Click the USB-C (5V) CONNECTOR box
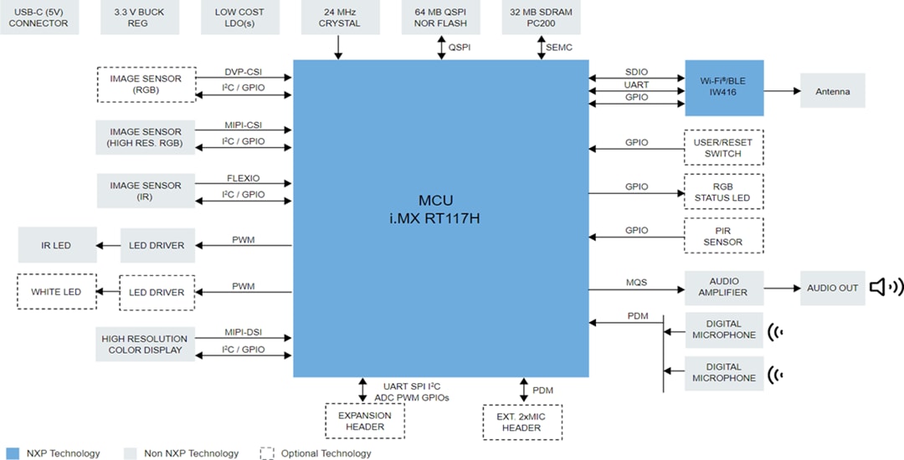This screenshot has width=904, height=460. (39, 18)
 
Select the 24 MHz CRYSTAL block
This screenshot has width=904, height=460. (339, 18)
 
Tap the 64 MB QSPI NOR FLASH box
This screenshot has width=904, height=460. (440, 18)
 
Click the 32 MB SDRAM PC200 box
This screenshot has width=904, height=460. (541, 18)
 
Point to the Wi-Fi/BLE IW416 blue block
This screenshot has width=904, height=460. (724, 88)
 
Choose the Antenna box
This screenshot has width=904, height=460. (832, 91)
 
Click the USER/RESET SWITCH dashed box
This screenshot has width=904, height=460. (723, 148)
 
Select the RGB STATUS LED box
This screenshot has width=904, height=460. (723, 192)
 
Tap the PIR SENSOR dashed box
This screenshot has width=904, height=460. (723, 236)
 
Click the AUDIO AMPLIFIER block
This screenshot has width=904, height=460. (723, 288)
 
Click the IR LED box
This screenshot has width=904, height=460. (57, 245)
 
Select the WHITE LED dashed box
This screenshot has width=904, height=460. (56, 292)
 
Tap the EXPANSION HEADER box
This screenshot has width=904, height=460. (365, 421)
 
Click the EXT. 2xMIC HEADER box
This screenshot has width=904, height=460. (522, 422)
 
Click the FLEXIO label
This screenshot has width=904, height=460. (243, 178)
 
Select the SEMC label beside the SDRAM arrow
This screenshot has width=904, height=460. (559, 48)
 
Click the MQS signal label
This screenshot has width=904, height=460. (636, 283)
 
